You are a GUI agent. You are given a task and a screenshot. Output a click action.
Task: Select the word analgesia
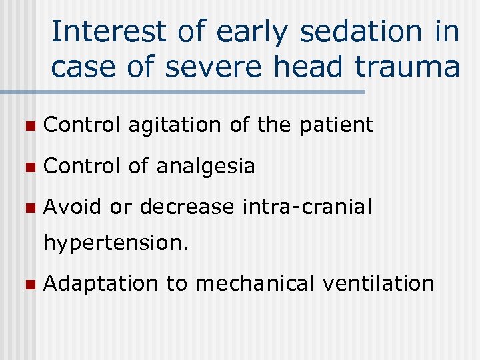205,166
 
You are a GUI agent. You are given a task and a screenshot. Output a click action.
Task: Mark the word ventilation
377,283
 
